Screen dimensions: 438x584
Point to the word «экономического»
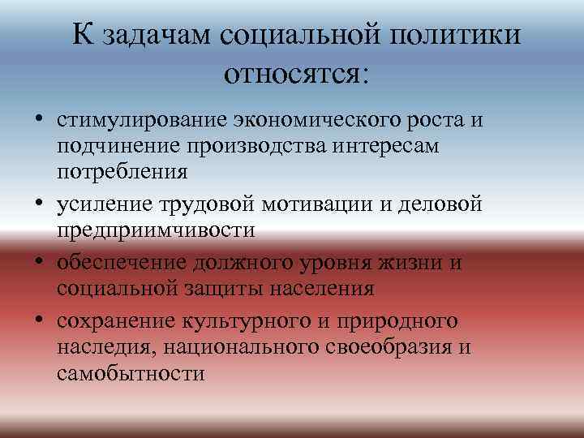click(x=320, y=121)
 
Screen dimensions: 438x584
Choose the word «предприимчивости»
click(x=156, y=230)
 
